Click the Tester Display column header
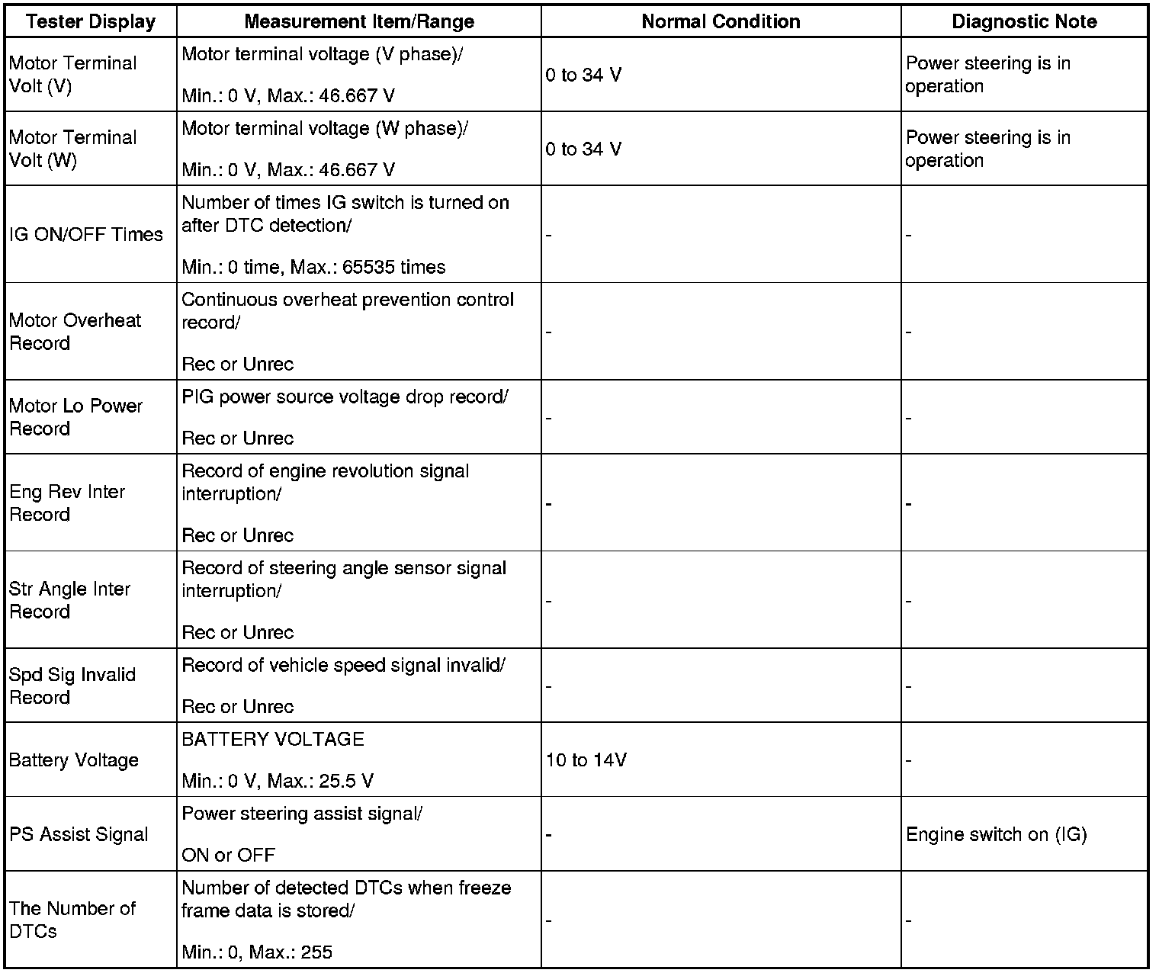[x=90, y=21]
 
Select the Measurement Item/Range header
[x=358, y=21]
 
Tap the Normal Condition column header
[x=721, y=21]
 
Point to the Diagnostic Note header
[x=1024, y=21]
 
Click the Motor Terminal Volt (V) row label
[x=73, y=75]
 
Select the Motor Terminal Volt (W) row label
[x=73, y=149]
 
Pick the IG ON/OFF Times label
[x=86, y=234]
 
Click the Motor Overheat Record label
[x=75, y=332]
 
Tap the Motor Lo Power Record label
[x=75, y=417]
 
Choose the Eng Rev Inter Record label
[x=67, y=503]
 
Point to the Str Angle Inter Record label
[x=69, y=600]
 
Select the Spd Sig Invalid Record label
[x=72, y=686]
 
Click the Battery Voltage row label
[x=74, y=760]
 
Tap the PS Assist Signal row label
[x=79, y=834]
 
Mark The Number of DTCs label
[x=72, y=920]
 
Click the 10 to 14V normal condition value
[x=586, y=760]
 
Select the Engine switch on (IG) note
[x=996, y=834]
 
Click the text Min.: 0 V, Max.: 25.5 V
[x=278, y=782]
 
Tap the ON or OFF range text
[x=228, y=856]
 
